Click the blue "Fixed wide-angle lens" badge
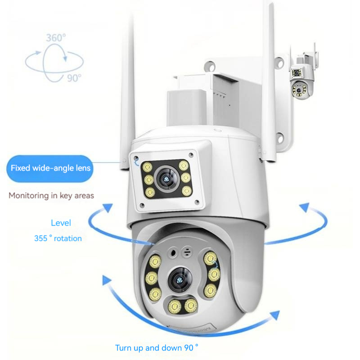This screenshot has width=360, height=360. tap(50, 169)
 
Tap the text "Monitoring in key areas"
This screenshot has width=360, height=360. tap(51, 196)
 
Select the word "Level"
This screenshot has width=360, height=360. tap(61, 223)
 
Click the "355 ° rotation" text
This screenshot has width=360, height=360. tap(58, 238)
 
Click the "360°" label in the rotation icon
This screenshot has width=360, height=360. tap(56, 38)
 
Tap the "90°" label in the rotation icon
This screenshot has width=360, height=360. tap(74, 78)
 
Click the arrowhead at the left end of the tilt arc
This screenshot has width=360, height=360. tap(106, 282)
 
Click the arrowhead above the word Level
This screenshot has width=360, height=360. tap(107, 207)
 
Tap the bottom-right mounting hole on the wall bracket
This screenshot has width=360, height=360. tap(280, 138)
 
